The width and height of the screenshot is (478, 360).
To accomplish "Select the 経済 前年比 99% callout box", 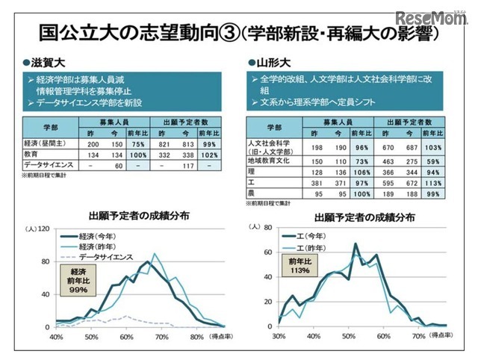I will (77, 279).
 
